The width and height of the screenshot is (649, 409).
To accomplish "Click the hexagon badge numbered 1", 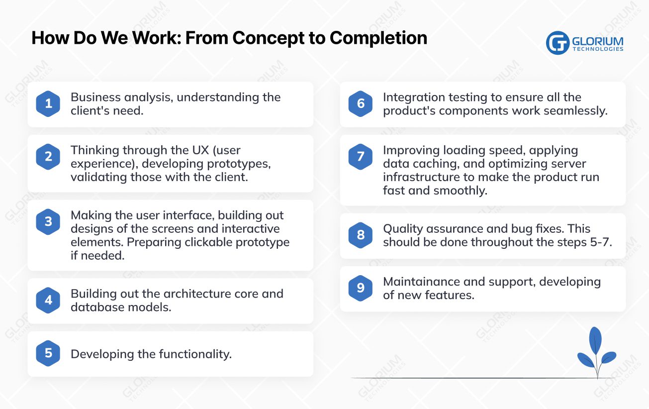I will [48, 104].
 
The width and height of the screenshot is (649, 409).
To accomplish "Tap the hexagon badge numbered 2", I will [48, 157].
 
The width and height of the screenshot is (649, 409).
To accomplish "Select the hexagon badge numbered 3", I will [48, 221].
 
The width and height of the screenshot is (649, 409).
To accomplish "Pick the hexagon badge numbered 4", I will [48, 300].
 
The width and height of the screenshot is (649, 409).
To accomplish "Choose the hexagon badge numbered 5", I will [48, 353].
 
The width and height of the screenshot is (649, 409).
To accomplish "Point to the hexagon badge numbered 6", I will [361, 104].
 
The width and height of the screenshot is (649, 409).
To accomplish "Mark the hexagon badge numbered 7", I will [361, 157].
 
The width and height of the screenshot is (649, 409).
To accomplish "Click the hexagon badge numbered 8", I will [361, 235].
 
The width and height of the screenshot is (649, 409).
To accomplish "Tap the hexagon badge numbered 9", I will [361, 288].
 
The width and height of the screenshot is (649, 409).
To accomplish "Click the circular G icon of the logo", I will [557, 43].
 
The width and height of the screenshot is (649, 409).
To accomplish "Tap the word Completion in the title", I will [378, 38].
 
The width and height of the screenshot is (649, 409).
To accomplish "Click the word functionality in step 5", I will [195, 354].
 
